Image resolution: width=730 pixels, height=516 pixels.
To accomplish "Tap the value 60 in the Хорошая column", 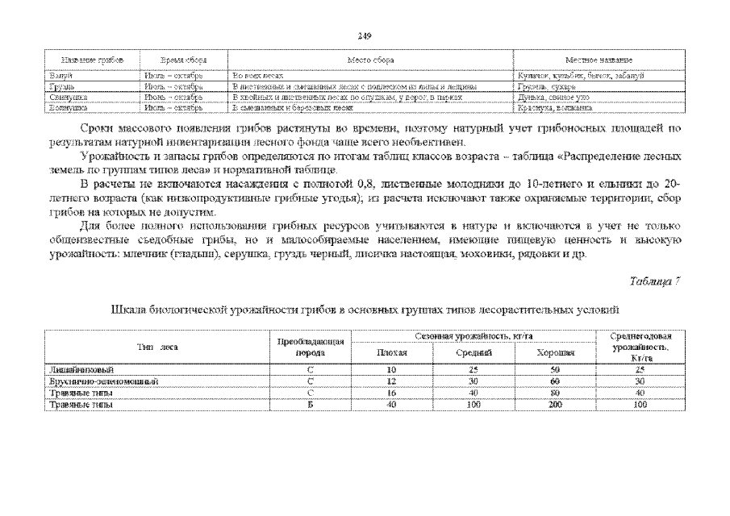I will coord(555,381).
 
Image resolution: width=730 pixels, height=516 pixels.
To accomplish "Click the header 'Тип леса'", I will coord(158,347).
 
